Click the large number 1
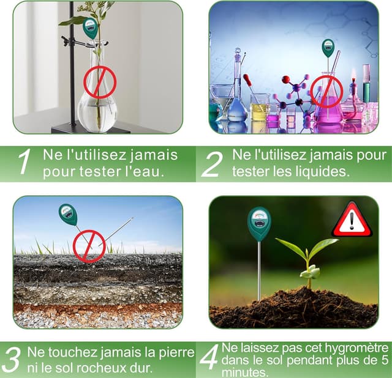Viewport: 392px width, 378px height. click(x=24, y=163)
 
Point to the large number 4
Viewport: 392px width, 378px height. click(x=209, y=358)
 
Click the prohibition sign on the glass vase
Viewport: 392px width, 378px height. click(x=100, y=82)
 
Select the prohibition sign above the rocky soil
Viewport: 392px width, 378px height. click(x=89, y=246)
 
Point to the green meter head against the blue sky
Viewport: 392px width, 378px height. click(x=67, y=214)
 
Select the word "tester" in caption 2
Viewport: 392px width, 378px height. click(x=251, y=172)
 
